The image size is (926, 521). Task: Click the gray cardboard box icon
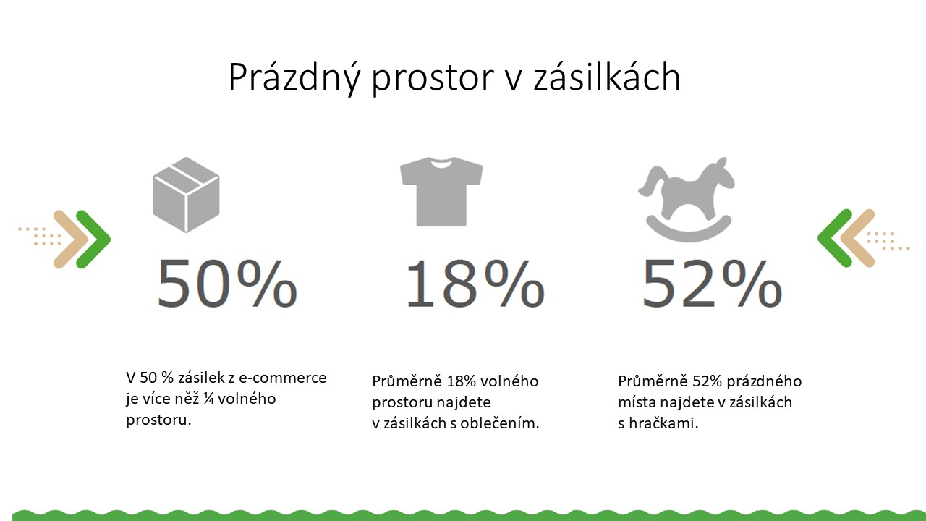click(186, 195)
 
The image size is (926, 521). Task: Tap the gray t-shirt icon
click(441, 192)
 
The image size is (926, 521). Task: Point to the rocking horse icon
click(687, 199)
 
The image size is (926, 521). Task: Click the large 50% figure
click(227, 284)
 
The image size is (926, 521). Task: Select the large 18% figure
click(474, 284)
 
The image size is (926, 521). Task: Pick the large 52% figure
click(711, 284)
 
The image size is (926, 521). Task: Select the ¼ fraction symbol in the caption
click(208, 399)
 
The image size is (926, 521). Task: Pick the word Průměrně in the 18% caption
click(407, 381)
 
